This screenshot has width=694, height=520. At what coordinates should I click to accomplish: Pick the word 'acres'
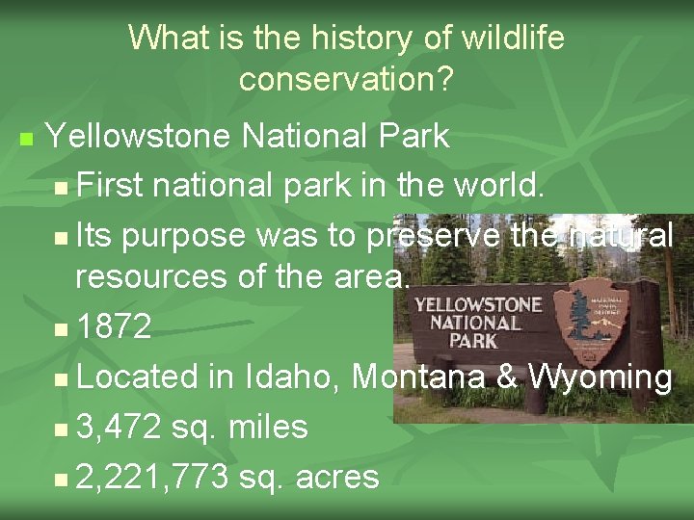[x=337, y=476]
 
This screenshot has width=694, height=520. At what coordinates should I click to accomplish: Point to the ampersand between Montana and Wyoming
[x=508, y=377]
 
